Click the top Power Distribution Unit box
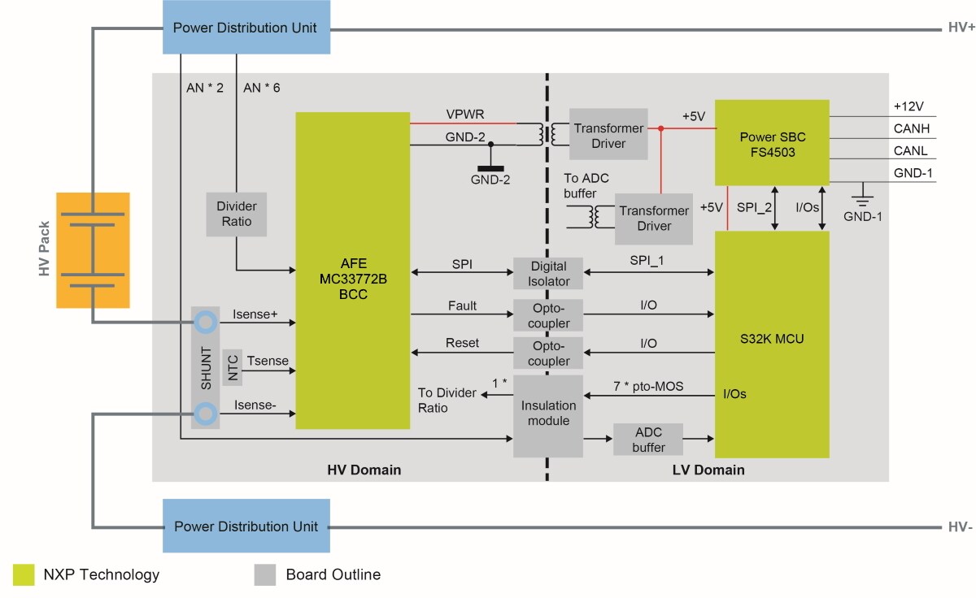pyautogui.click(x=244, y=28)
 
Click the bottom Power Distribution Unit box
pyautogui.click(x=246, y=526)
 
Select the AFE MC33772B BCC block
pyautogui.click(x=352, y=270)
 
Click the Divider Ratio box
pyautogui.click(x=236, y=214)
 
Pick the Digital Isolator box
pyautogui.click(x=547, y=274)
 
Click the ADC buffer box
pyautogui.click(x=648, y=440)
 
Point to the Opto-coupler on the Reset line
pyautogui.click(x=547, y=353)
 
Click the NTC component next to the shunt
pyautogui.click(x=233, y=368)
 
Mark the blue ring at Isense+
pyautogui.click(x=205, y=323)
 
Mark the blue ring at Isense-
pyautogui.click(x=205, y=415)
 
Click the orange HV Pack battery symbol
pyautogui.click(x=93, y=249)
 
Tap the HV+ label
pyautogui.click(x=961, y=28)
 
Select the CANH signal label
pyautogui.click(x=911, y=128)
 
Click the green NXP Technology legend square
pyautogui.click(x=24, y=574)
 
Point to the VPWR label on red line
pyautogui.click(x=465, y=114)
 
